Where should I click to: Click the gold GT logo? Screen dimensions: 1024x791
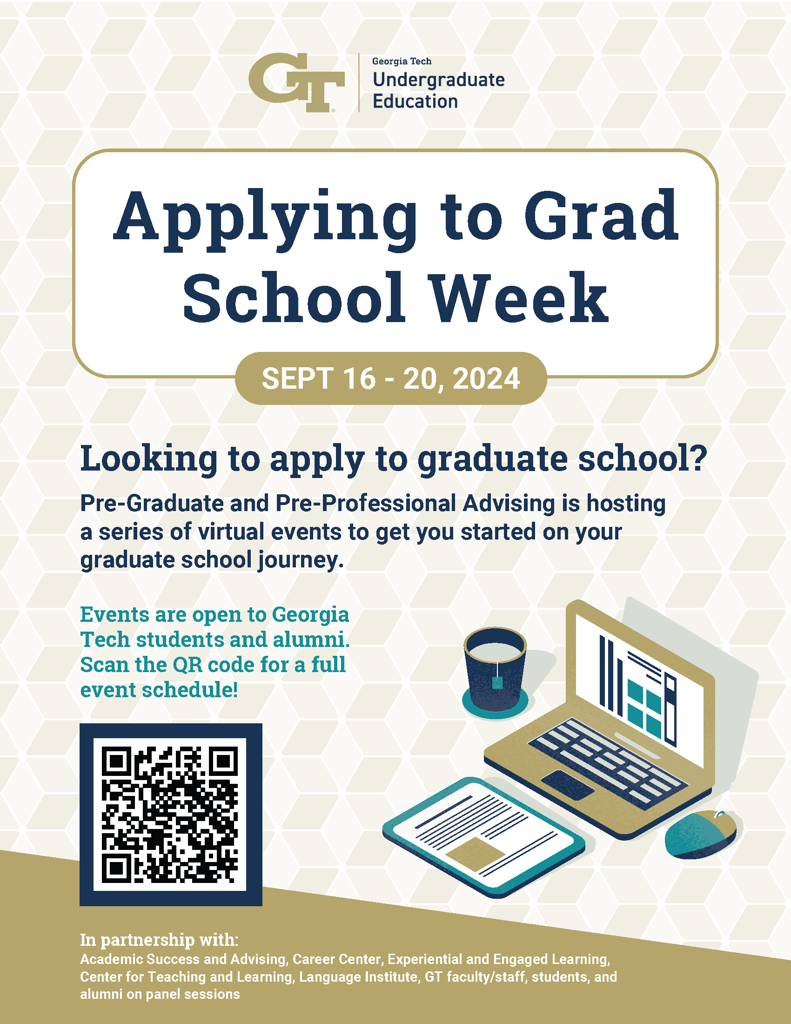pos(296,82)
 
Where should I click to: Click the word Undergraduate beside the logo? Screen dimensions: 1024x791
pos(439,80)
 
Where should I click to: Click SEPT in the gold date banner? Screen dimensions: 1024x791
pos(298,378)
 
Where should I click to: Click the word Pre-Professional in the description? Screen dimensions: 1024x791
pos(366,503)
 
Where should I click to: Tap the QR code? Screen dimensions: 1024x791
pos(171,815)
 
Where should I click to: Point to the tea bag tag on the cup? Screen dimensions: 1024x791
pos(497,682)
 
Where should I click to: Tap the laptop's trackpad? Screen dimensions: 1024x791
pos(568,784)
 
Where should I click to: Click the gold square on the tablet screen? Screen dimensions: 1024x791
pos(474,854)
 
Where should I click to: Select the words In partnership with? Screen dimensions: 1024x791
pos(159,940)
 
